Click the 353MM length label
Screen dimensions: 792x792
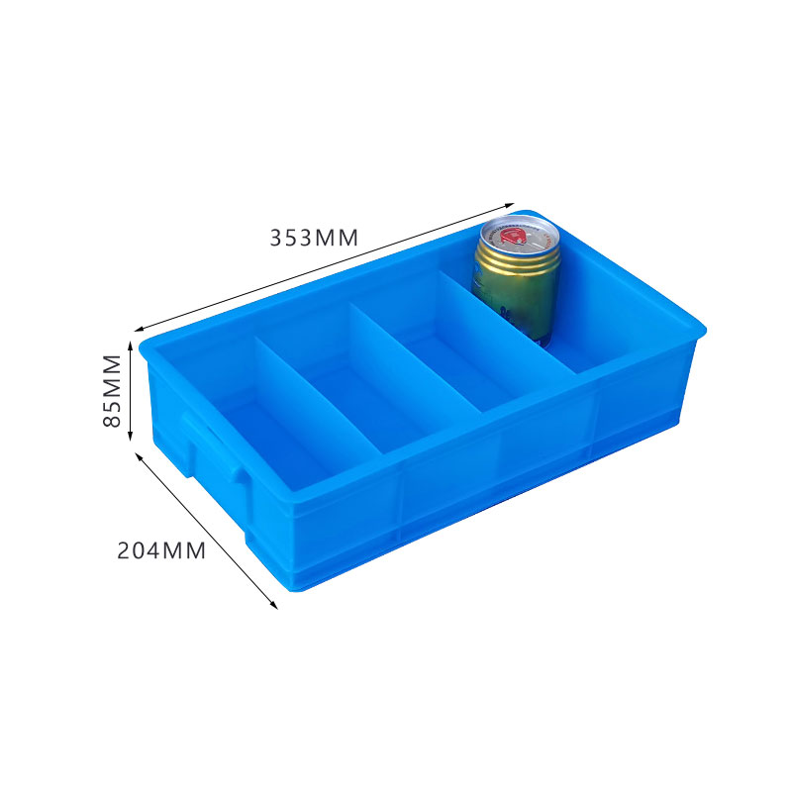pyautogui.click(x=314, y=238)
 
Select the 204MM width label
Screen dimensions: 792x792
pyautogui.click(x=161, y=550)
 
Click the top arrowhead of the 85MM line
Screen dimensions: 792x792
pyautogui.click(x=131, y=343)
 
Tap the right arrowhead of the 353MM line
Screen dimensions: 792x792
pyautogui.click(x=512, y=201)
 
